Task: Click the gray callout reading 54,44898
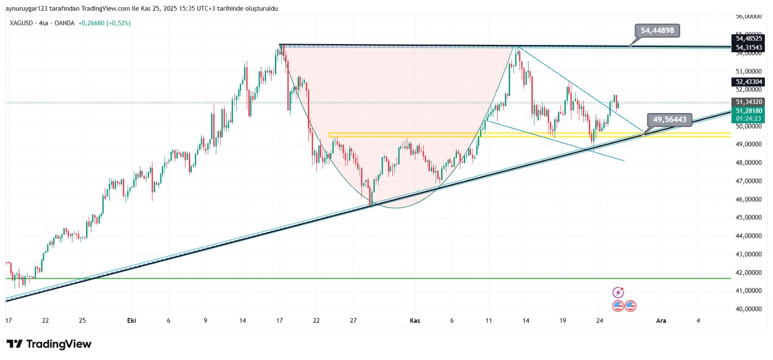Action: coord(657,30)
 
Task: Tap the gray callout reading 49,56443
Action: coord(669,119)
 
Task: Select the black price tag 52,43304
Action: coord(748,82)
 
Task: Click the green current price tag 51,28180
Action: coord(748,111)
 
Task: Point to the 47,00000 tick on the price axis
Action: coord(748,181)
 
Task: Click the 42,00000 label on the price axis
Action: coord(748,273)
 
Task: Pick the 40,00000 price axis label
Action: coord(748,309)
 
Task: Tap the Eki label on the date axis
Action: coord(131,320)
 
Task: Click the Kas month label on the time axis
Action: coord(415,320)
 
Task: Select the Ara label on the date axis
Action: coord(661,320)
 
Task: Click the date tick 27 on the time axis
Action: coord(353,320)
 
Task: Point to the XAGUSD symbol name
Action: coord(22,23)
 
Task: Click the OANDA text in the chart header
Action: coord(64,23)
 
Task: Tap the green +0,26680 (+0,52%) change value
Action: coord(104,23)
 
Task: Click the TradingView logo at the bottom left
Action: coord(49,344)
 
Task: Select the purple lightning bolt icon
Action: coord(618,292)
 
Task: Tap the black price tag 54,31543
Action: coord(748,47)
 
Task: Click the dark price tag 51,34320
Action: coord(748,102)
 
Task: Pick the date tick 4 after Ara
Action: coord(698,320)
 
